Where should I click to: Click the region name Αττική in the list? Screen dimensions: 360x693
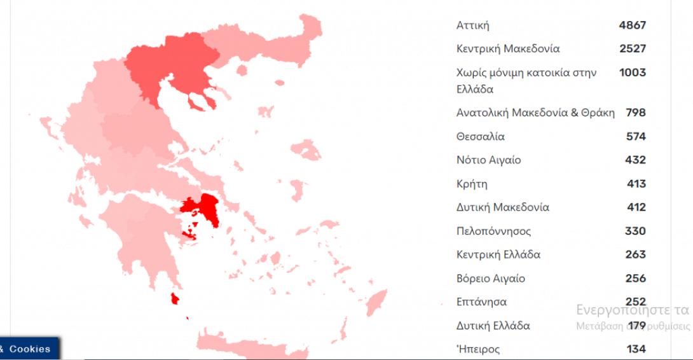tap(473, 26)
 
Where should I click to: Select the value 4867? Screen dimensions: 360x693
tap(632, 26)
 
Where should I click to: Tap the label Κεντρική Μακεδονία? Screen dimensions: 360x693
tap(508, 49)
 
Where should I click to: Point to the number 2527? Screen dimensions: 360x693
tap(632, 49)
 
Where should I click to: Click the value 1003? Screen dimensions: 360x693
tap(632, 73)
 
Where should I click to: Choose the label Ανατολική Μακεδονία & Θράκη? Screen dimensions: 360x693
tap(535, 113)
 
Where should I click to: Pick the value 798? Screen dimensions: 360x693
tap(635, 113)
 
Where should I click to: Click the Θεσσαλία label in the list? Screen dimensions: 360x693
tap(481, 137)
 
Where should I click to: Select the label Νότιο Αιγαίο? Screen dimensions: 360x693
tap(488, 160)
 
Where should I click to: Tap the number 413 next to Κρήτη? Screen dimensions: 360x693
tap(636, 184)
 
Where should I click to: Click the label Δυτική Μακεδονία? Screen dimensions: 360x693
tap(502, 207)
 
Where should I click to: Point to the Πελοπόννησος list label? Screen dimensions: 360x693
tap(493, 231)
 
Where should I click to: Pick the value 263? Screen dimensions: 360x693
tap(635, 254)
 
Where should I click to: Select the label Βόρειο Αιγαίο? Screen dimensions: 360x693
tap(490, 279)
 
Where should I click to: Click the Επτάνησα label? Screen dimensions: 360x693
tap(481, 302)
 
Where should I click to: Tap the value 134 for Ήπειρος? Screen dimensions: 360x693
tap(635, 349)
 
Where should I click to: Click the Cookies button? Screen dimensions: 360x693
tap(29, 349)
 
